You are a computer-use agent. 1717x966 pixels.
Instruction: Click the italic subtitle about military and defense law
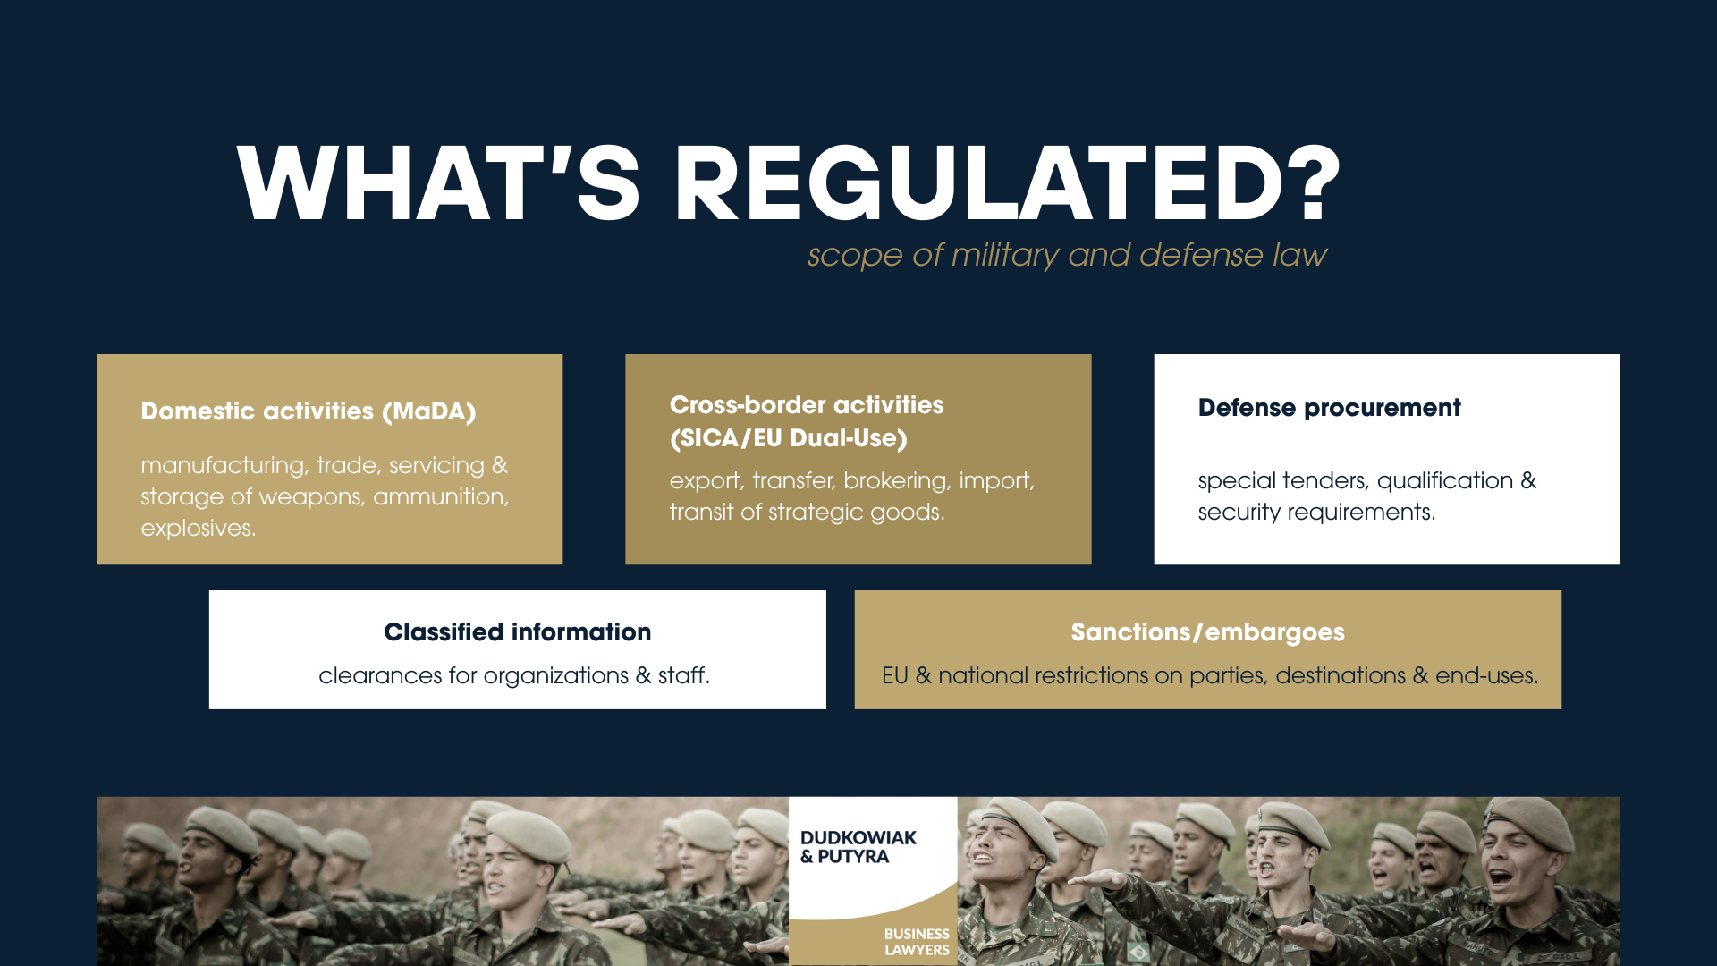pyautogui.click(x=1066, y=256)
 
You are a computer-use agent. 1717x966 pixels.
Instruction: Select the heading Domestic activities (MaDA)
pyautogui.click(x=308, y=411)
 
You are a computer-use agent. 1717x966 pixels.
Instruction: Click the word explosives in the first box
pyautogui.click(x=198, y=529)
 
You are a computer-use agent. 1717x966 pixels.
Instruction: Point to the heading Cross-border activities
pyautogui.click(x=806, y=405)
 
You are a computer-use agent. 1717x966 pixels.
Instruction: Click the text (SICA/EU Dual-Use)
pyautogui.click(x=788, y=438)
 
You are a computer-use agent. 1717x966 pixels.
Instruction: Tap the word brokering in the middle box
pyautogui.click(x=895, y=481)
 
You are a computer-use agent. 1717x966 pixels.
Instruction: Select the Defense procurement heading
pyautogui.click(x=1329, y=408)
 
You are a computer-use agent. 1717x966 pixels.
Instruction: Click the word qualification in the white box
pyautogui.click(x=1444, y=481)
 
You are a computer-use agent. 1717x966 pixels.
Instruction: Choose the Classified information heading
pyautogui.click(x=517, y=632)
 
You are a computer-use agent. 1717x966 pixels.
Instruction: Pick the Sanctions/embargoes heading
pyautogui.click(x=1207, y=632)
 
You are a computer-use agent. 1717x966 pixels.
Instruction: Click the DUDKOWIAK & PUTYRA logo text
pyautogui.click(x=857, y=847)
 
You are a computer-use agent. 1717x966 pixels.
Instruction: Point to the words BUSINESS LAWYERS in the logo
pyautogui.click(x=916, y=942)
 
